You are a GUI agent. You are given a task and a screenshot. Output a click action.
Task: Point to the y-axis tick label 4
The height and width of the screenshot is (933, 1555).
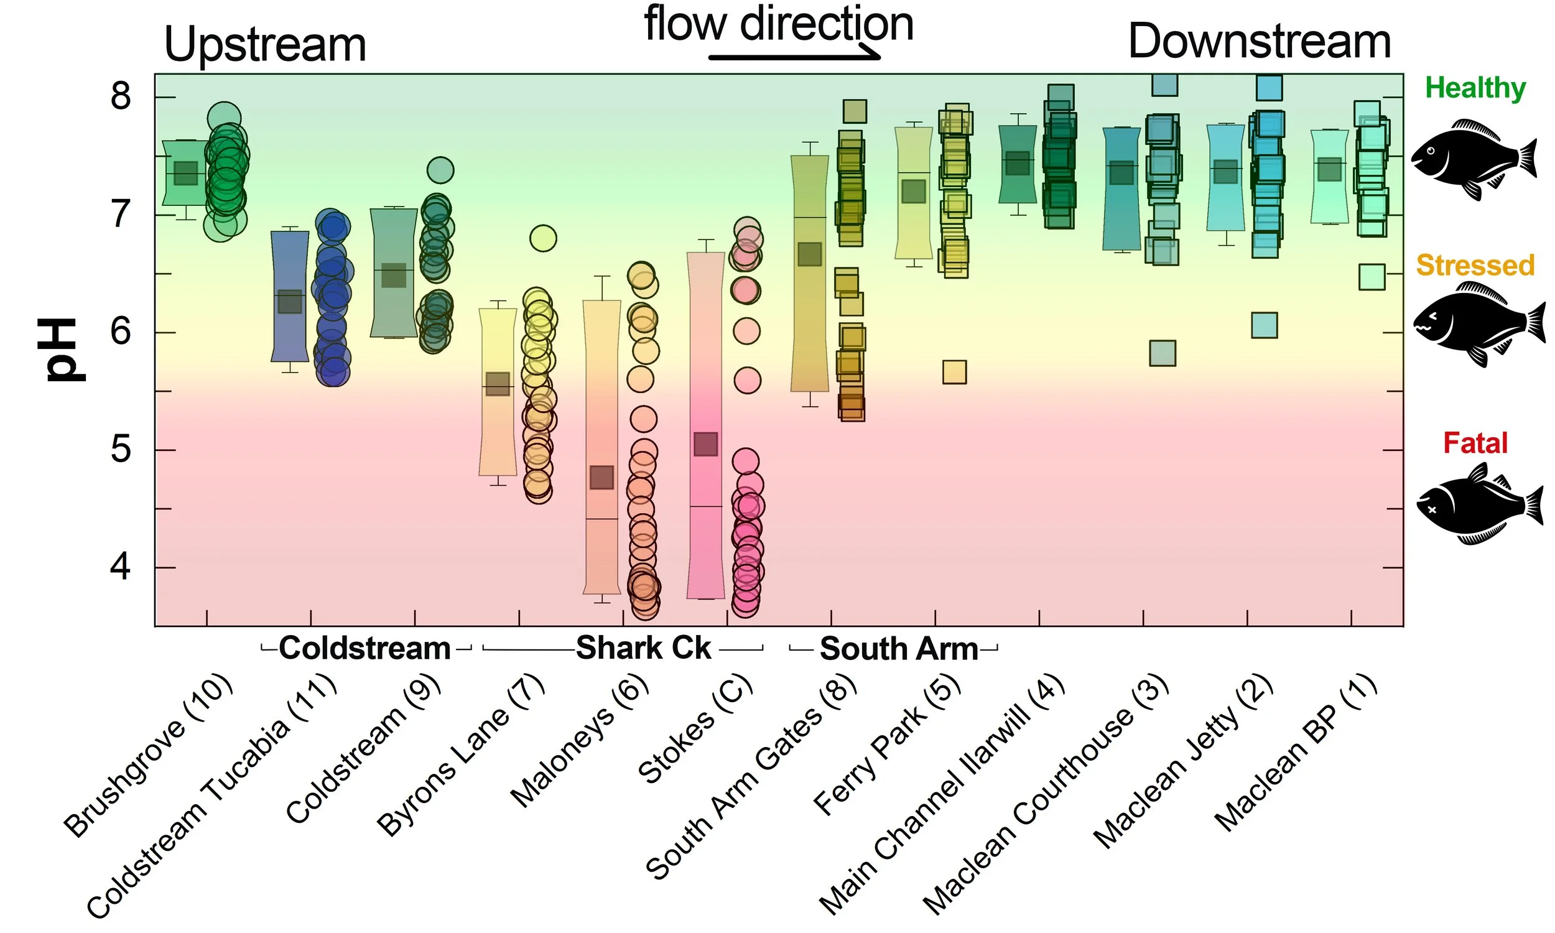121,568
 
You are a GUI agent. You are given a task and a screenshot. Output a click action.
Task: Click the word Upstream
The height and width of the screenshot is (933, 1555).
264,45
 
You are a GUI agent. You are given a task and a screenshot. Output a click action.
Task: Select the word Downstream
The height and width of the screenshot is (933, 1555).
1259,42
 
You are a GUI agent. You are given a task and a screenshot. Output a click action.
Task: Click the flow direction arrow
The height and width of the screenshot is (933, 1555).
794,57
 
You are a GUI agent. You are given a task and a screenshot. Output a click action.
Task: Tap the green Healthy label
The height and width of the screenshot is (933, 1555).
1475,88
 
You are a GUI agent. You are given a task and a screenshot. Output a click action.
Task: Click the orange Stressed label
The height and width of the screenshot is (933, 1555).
1475,266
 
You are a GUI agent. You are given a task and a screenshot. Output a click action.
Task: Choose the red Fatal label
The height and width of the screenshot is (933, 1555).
1475,443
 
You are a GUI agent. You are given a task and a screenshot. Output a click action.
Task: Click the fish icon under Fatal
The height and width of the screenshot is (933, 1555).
1479,504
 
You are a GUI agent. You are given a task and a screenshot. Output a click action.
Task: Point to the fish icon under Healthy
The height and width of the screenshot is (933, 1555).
1474,159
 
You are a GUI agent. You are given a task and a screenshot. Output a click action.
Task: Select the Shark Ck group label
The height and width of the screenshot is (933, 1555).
643,648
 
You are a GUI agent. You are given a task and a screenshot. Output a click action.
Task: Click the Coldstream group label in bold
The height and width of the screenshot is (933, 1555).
364,648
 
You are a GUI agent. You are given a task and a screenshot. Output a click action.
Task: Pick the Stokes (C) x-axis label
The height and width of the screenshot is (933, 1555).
694,730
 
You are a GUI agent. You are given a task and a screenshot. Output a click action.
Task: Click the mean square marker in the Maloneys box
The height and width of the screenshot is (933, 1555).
601,478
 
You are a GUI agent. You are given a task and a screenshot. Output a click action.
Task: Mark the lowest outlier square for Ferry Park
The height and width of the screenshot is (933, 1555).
954,372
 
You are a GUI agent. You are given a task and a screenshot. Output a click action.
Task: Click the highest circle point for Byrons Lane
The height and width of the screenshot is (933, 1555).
543,238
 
